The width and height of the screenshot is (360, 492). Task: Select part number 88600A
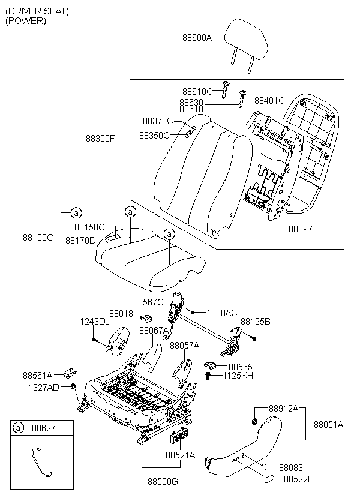tap(197, 38)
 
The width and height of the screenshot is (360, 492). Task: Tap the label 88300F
tap(100, 139)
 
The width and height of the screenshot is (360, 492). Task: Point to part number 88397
tap(301, 229)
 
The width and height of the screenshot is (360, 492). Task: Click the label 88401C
tap(269, 101)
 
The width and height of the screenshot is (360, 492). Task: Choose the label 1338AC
tap(222, 313)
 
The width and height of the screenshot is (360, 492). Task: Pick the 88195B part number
tap(256, 322)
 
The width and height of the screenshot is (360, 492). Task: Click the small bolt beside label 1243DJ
tap(94, 339)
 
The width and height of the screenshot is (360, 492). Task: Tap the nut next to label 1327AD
tap(73, 386)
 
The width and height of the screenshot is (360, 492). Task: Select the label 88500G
tap(163, 481)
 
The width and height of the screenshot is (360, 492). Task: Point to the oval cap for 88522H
tap(269, 479)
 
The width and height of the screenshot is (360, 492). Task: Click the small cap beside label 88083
tap(264, 467)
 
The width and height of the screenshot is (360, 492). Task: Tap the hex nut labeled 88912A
tap(255, 420)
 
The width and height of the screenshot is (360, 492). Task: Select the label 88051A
tap(329, 425)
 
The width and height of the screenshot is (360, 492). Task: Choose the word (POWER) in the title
tap(26, 21)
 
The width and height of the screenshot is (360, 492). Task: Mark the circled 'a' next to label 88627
tap(18, 428)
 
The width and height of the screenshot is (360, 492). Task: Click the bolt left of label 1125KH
tap(208, 376)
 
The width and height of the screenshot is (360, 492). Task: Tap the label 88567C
tap(148, 302)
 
